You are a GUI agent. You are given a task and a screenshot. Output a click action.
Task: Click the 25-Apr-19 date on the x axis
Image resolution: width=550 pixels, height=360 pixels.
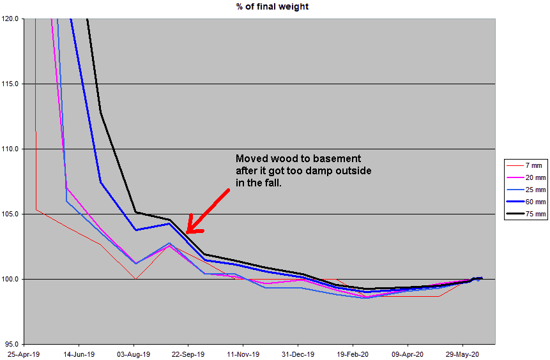(23, 353)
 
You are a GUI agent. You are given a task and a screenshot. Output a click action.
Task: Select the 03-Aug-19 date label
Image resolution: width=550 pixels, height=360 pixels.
(133, 353)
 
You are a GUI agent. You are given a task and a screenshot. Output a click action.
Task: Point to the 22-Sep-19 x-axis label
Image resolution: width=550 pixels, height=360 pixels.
(188, 353)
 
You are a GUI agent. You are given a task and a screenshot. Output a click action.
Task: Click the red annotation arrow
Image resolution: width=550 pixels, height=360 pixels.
(206, 211)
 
